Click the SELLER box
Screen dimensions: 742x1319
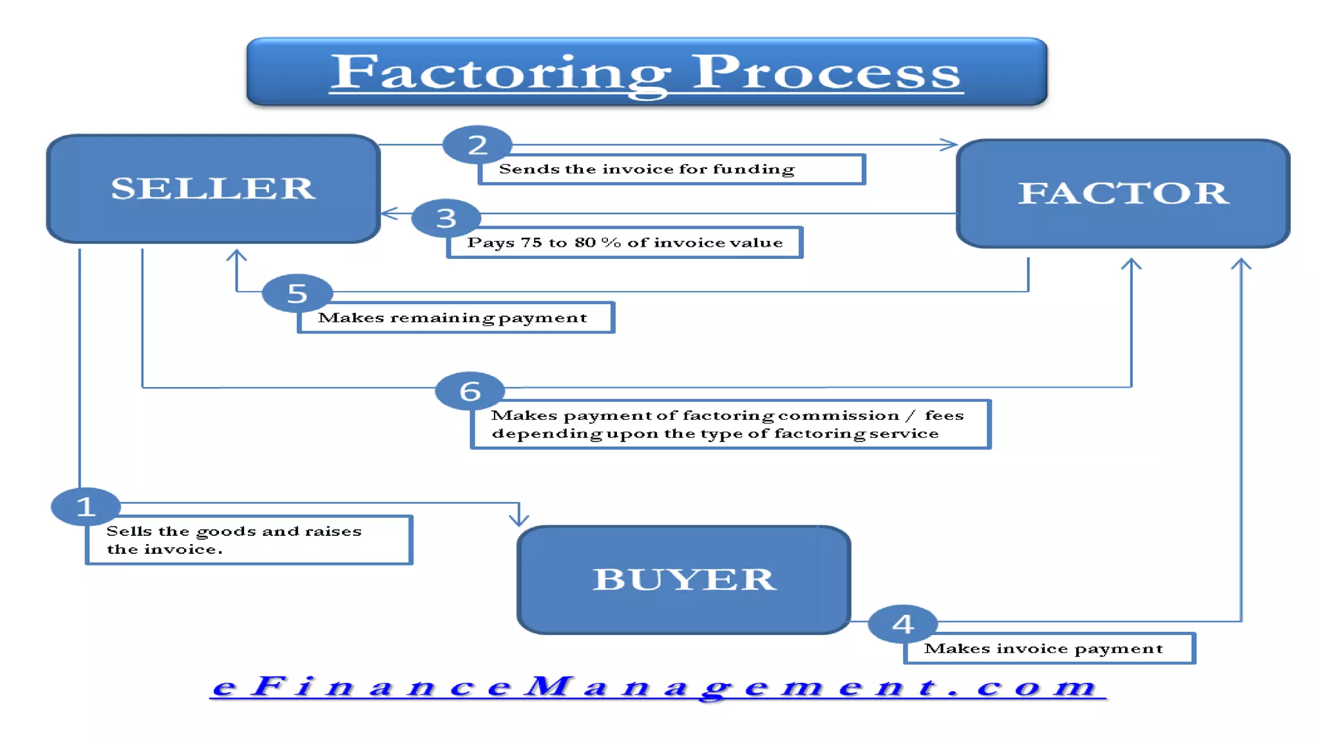pos(213,189)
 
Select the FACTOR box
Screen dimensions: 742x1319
pos(1123,193)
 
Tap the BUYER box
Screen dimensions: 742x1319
pos(683,579)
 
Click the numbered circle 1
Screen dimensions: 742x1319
pos(86,506)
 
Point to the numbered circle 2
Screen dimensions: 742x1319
pos(477,145)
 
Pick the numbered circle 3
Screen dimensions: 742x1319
pos(446,218)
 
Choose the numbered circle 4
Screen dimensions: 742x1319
pos(902,623)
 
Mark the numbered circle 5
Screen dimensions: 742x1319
pos(297,293)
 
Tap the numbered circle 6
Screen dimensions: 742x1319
pos(470,391)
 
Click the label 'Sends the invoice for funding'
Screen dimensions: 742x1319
pos(647,169)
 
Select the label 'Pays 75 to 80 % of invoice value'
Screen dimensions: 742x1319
pos(625,243)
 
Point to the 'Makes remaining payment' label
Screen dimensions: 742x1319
pos(453,318)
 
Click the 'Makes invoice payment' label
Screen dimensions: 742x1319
pos(1043,649)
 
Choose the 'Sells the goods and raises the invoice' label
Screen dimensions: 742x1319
pos(234,540)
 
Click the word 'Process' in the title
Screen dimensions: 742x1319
pos(826,72)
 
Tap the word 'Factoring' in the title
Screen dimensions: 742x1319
pos(500,72)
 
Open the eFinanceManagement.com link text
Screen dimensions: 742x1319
pos(657,687)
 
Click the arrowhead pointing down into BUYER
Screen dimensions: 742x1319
pos(519,518)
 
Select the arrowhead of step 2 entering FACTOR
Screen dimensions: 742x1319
pos(949,144)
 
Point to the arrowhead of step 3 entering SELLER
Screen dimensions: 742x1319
pos(389,213)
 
